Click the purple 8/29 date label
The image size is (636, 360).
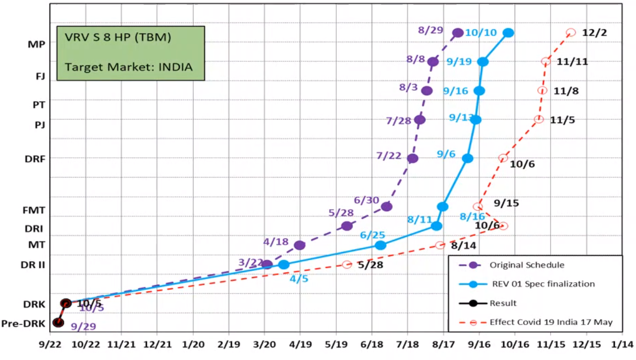tap(430, 30)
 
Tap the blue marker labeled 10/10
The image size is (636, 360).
tap(508, 33)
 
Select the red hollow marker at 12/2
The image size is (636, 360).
tap(571, 33)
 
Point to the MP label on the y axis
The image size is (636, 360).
tap(37, 44)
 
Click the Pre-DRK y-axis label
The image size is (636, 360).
tap(23, 324)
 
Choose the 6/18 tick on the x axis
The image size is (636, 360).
tap(372, 345)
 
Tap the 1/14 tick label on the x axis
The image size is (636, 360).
tap(622, 345)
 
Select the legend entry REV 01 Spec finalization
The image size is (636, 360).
tap(543, 284)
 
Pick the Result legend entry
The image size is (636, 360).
tap(503, 303)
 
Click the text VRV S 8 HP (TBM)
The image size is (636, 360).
tap(118, 37)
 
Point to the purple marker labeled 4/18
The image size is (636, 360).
tap(300, 245)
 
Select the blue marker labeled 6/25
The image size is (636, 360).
tap(380, 245)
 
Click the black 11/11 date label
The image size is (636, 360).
tap(572, 62)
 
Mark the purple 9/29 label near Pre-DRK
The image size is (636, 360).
tap(83, 327)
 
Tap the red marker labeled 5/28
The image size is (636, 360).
tap(347, 264)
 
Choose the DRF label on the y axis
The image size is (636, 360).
tap(35, 159)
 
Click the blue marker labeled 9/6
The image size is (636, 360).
tap(467, 158)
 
